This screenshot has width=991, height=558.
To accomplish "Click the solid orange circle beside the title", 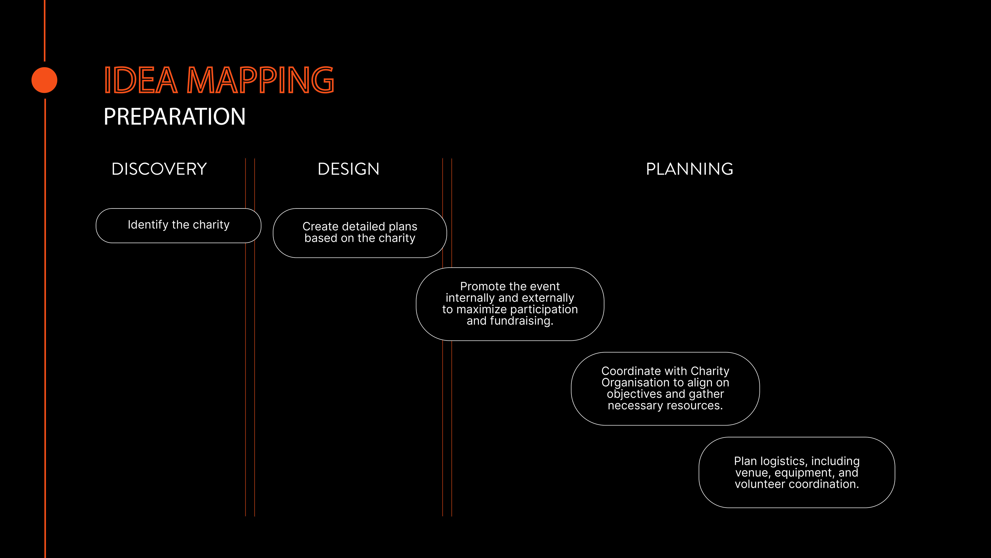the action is (x=44, y=80).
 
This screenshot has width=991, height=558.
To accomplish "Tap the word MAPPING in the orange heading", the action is (x=260, y=80).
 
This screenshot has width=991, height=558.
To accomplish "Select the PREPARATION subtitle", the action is (x=174, y=116).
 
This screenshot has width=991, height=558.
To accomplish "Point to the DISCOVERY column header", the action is (x=159, y=169).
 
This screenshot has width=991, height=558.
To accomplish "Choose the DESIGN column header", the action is (x=348, y=169).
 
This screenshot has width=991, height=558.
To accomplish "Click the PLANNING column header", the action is (x=689, y=169).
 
